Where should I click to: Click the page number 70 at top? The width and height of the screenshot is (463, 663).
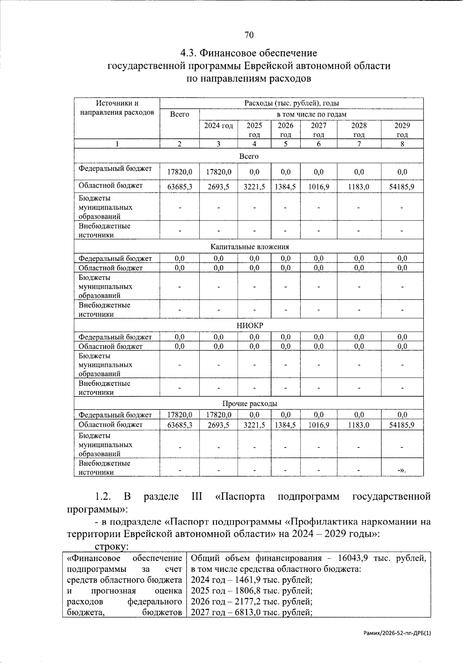point(249,36)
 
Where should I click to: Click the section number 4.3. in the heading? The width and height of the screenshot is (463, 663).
point(189,53)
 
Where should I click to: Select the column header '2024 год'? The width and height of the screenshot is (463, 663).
point(218,126)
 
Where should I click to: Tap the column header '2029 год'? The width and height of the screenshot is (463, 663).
point(402,130)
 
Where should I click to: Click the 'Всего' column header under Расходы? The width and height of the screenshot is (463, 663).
point(179,114)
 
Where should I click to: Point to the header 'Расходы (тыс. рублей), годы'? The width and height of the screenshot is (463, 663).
point(291,103)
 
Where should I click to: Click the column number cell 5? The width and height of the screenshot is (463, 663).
point(286,144)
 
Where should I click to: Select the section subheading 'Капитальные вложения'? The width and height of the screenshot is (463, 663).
point(249,247)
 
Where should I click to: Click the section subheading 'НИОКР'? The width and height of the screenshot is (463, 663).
point(249,326)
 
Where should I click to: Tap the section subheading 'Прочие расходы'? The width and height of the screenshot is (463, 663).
point(249,404)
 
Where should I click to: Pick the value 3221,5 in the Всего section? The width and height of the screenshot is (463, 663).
point(254,187)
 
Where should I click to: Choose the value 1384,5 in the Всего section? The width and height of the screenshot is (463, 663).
point(286,187)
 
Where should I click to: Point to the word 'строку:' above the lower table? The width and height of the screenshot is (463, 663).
point(111,547)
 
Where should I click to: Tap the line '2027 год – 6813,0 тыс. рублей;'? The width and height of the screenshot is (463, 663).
point(251,612)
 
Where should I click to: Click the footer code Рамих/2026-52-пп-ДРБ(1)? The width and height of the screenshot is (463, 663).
point(397,633)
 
